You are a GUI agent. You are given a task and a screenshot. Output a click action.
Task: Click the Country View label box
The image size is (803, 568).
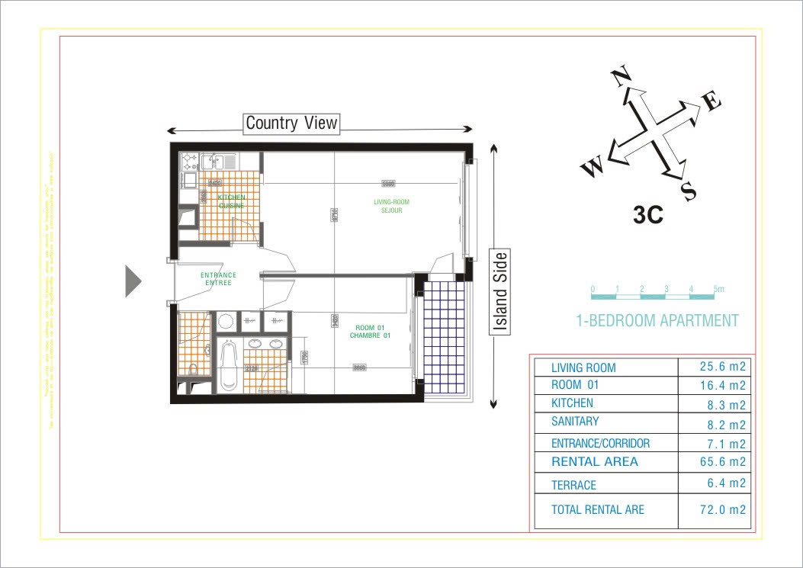coord(291,123)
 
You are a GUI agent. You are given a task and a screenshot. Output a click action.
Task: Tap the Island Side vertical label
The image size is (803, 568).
coord(499,291)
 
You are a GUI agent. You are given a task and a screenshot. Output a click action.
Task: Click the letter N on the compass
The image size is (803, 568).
coord(622,78)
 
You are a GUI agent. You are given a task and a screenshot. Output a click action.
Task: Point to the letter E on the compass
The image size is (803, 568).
coord(710,101)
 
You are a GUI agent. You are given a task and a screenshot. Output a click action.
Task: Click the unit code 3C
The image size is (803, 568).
coord(647,215)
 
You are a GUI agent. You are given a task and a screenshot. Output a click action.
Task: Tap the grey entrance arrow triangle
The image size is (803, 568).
coord(133,281)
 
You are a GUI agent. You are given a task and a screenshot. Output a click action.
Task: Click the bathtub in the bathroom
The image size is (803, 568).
coord(229,366)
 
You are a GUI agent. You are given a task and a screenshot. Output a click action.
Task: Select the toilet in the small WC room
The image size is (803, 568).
coord(192,370)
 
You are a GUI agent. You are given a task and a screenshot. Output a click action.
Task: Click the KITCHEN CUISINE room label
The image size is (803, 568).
coord(231,201)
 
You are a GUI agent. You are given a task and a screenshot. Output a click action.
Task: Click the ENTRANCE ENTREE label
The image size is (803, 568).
coord(218,279)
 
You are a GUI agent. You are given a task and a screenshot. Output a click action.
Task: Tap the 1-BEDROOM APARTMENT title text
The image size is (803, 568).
coord(657,321)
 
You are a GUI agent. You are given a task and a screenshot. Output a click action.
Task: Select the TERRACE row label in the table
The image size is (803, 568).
coord(573,485)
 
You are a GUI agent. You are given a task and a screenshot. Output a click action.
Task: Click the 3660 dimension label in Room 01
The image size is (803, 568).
coord(358,367)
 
